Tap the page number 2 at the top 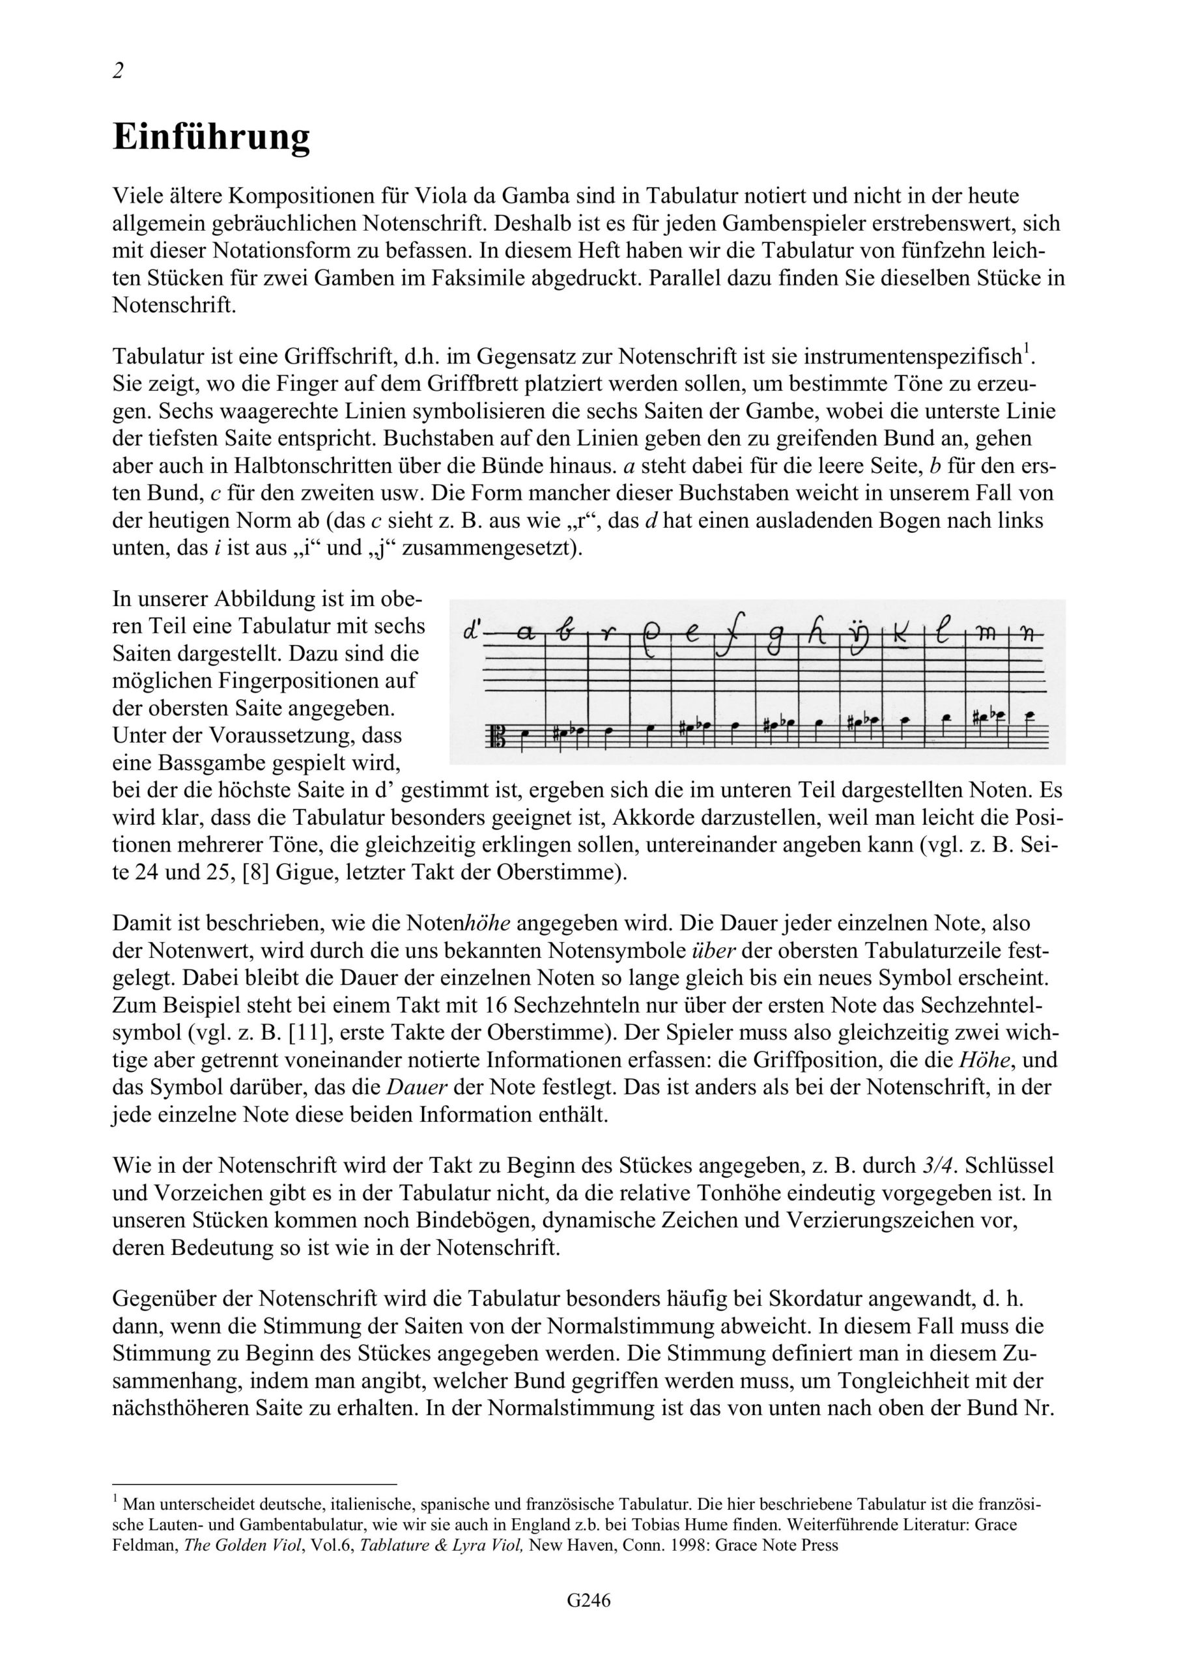tap(119, 70)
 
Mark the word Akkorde tap(650, 817)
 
